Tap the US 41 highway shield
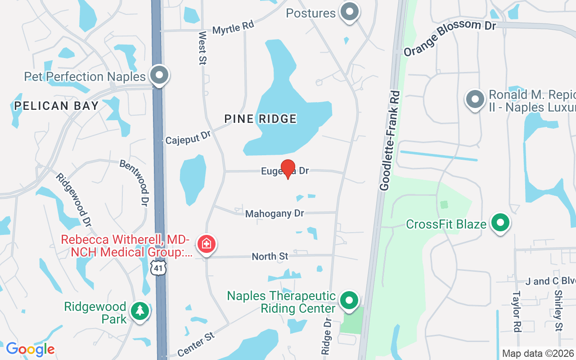point(158,267)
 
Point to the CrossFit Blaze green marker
point(500,223)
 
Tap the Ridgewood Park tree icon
point(140,311)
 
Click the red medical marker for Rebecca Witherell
point(207,244)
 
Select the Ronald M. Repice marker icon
point(474,99)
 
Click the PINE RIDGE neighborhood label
point(261,119)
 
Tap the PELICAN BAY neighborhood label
point(56,106)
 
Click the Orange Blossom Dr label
point(449,38)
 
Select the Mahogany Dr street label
point(274,213)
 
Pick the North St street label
point(270,256)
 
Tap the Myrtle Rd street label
point(233,28)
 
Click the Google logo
point(30,349)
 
